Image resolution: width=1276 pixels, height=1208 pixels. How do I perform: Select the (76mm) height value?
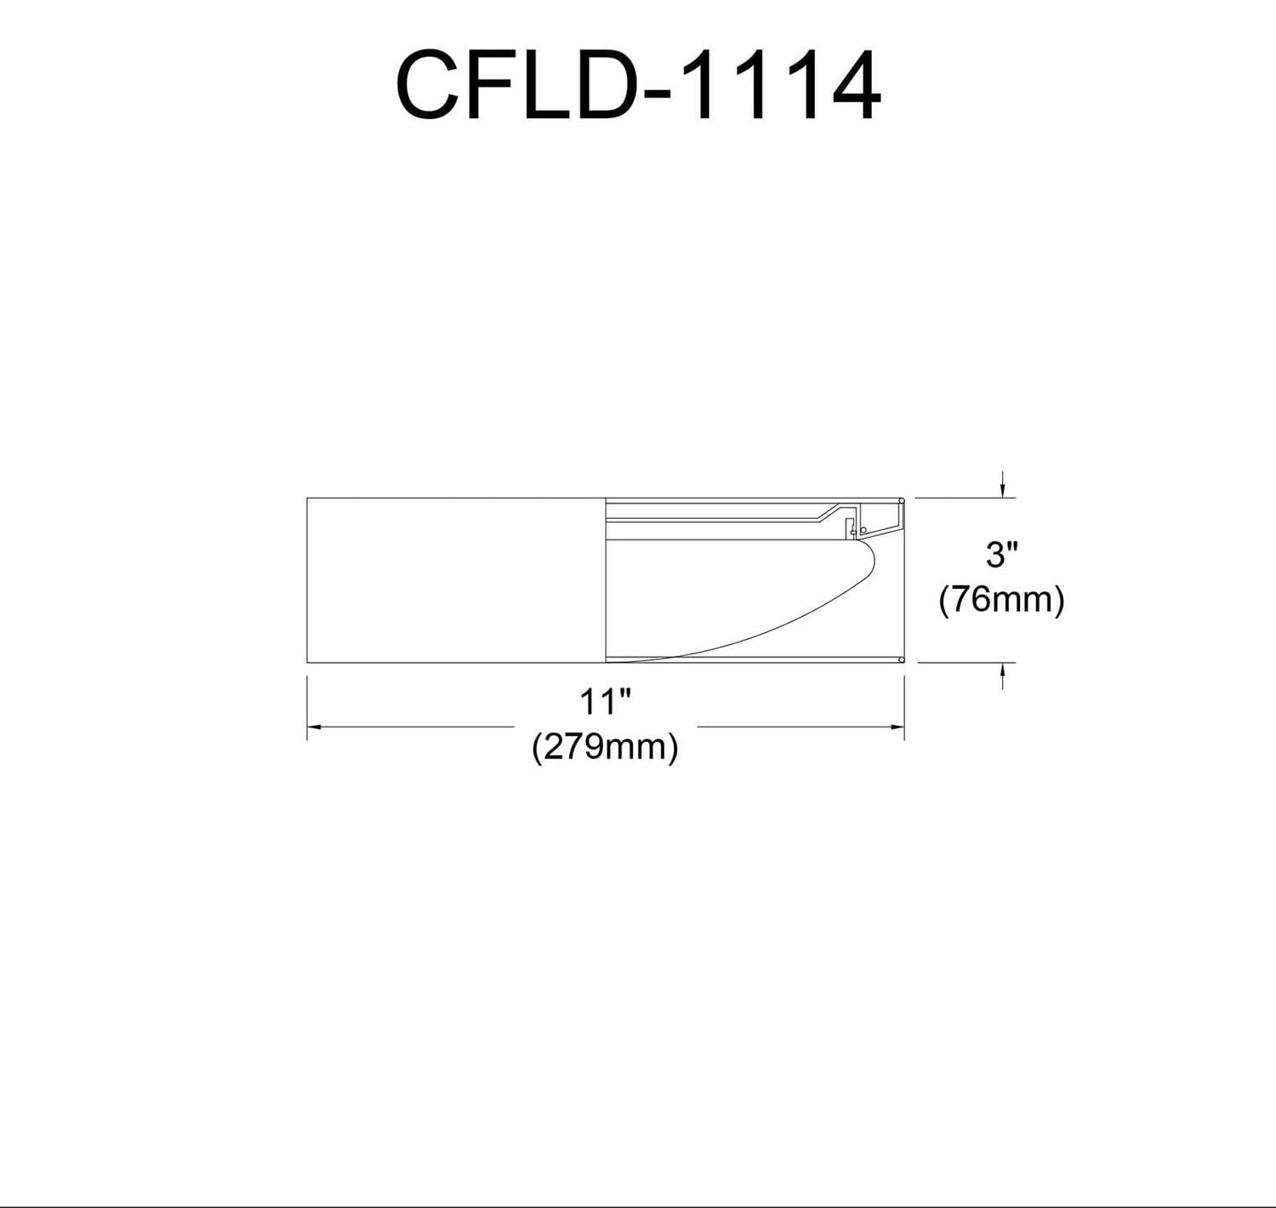pos(1001,600)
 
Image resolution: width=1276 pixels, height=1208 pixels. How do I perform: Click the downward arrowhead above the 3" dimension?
pos(1003,490)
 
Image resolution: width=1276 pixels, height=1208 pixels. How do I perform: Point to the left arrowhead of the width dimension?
pos(313,727)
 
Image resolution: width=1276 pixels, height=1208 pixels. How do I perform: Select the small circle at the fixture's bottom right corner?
pos(901,658)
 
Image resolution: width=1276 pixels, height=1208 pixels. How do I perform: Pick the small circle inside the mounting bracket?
pos(863,530)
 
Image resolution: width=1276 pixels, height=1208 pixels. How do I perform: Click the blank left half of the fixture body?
pos(455,579)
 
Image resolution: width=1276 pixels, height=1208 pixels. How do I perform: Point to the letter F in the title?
pos(493,85)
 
